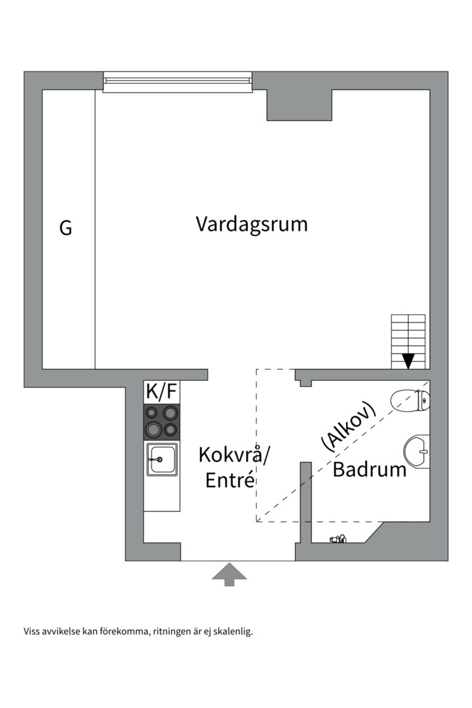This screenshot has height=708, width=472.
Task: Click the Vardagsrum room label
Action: coord(252,224)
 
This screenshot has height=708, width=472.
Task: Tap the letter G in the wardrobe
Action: coord(66,229)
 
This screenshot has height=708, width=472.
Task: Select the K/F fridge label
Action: coord(161,392)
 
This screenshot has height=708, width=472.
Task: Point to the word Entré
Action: coord(229,481)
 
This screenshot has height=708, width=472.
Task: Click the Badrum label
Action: coord(370,469)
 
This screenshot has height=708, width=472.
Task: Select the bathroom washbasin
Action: coord(417,451)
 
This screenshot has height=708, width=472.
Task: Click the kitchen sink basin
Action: coord(161,459)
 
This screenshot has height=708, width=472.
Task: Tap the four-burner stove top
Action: coord(162,422)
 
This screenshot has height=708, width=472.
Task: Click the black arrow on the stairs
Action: coord(408,361)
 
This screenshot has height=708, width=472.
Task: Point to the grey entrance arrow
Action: coord(229,574)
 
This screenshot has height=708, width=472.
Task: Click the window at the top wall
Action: coord(177,81)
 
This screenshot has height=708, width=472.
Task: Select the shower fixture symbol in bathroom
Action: coord(338,540)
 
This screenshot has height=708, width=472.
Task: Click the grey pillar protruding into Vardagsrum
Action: coord(299,105)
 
